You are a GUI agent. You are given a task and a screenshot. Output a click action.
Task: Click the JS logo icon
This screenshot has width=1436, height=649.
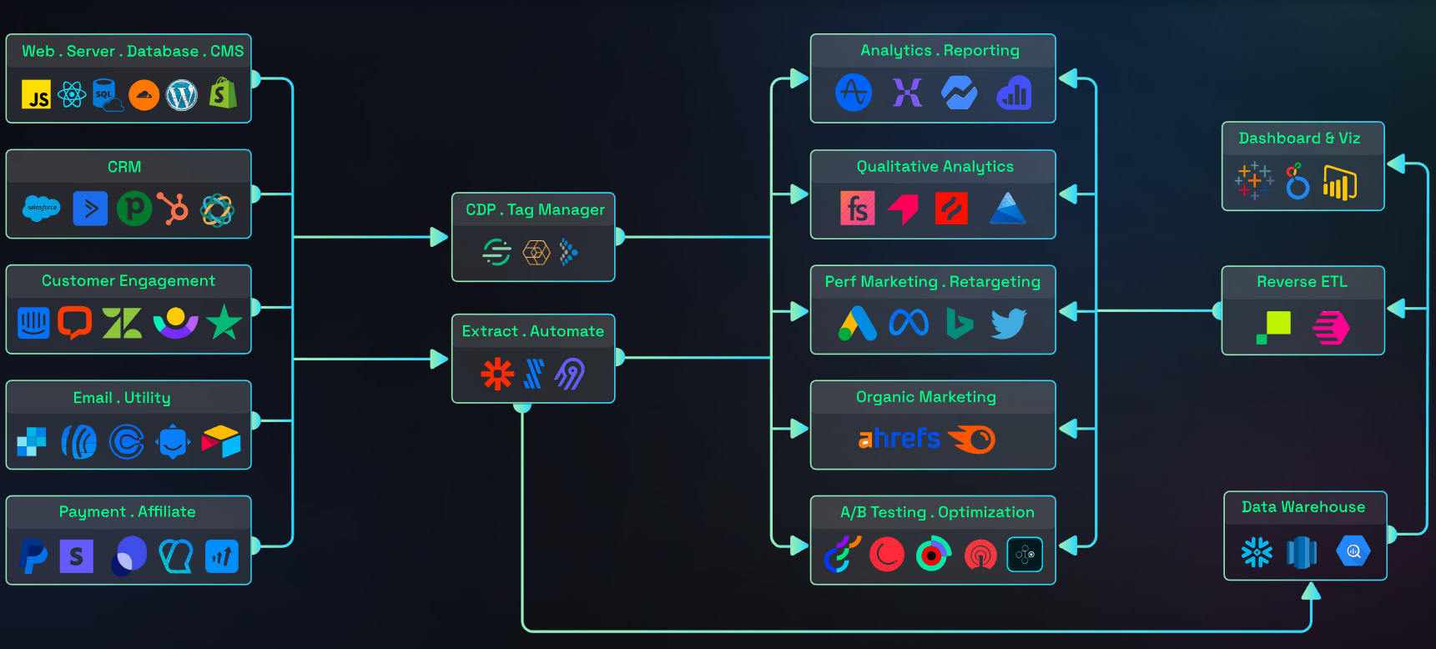(x=36, y=95)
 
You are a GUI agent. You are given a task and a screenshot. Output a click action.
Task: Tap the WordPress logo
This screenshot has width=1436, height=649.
(x=182, y=95)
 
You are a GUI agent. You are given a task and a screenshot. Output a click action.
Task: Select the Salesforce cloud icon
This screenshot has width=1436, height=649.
(x=42, y=209)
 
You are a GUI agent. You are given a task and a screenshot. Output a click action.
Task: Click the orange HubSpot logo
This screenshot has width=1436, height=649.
(x=174, y=209)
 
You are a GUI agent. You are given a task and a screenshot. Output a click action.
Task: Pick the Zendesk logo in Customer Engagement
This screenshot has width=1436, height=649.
(x=122, y=324)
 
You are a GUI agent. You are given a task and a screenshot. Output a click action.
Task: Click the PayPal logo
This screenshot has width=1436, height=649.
(x=33, y=556)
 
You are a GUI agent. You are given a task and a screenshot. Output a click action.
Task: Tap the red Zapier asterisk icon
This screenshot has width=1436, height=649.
(x=497, y=374)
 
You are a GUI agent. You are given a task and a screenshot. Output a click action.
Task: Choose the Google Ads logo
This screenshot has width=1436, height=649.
(x=858, y=324)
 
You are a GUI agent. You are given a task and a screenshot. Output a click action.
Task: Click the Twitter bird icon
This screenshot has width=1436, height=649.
(x=1008, y=324)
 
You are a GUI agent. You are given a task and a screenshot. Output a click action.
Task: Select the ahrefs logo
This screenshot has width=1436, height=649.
(x=899, y=439)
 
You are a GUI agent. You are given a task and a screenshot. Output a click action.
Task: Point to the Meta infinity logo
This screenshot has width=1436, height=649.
(x=909, y=323)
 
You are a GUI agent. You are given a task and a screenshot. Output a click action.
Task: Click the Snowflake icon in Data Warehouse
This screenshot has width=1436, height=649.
(x=1257, y=551)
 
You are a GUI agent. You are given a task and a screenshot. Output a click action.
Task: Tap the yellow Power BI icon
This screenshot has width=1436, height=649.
(x=1339, y=184)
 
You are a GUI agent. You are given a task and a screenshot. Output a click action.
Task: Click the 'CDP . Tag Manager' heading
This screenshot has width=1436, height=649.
(x=535, y=210)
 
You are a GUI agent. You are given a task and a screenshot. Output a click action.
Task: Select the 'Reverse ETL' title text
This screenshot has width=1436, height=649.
(x=1302, y=282)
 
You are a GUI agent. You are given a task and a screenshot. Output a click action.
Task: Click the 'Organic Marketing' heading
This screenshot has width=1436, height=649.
(x=926, y=397)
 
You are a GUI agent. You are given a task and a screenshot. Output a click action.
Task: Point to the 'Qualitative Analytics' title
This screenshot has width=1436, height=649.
(x=935, y=167)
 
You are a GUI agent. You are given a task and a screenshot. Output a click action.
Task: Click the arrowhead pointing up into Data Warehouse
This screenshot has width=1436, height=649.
(x=1311, y=591)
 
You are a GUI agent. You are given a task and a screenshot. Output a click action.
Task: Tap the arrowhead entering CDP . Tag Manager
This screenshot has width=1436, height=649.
(x=439, y=237)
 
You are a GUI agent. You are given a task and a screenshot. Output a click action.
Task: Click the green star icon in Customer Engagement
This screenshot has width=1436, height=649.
(x=224, y=323)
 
